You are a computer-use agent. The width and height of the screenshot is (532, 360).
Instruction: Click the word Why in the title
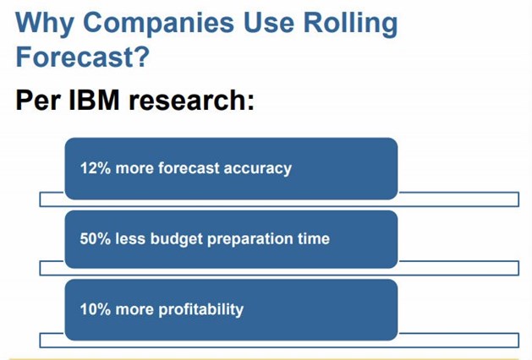coord(45,24)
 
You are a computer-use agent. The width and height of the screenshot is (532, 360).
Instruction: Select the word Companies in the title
coord(158,22)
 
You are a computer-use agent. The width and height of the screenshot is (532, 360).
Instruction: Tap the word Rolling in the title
coord(350,24)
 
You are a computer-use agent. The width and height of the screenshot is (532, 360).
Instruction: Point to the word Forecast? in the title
coord(82,57)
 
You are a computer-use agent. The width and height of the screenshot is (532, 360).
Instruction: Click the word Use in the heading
coord(268,22)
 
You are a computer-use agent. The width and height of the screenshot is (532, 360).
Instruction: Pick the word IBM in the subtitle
coord(94,100)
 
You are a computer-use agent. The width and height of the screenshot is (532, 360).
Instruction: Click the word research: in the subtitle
coord(191,100)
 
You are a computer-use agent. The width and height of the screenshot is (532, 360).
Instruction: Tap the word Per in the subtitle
coord(38,100)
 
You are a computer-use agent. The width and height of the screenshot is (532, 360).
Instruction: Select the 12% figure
coord(96,168)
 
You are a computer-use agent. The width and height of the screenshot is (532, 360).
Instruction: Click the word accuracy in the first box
coord(257,169)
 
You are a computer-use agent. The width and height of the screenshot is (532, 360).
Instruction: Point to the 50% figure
coord(96,238)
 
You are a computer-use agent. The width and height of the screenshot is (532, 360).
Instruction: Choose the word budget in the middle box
coord(177,239)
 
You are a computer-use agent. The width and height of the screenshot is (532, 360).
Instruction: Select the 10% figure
coord(96,309)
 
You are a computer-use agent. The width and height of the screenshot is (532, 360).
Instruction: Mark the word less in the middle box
coord(130,238)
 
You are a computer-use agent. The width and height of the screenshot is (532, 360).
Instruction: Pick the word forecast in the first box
coord(189,168)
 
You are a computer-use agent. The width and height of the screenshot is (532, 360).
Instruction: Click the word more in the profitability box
coord(134,310)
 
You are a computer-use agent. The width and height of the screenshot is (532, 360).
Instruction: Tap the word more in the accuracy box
coord(134,169)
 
